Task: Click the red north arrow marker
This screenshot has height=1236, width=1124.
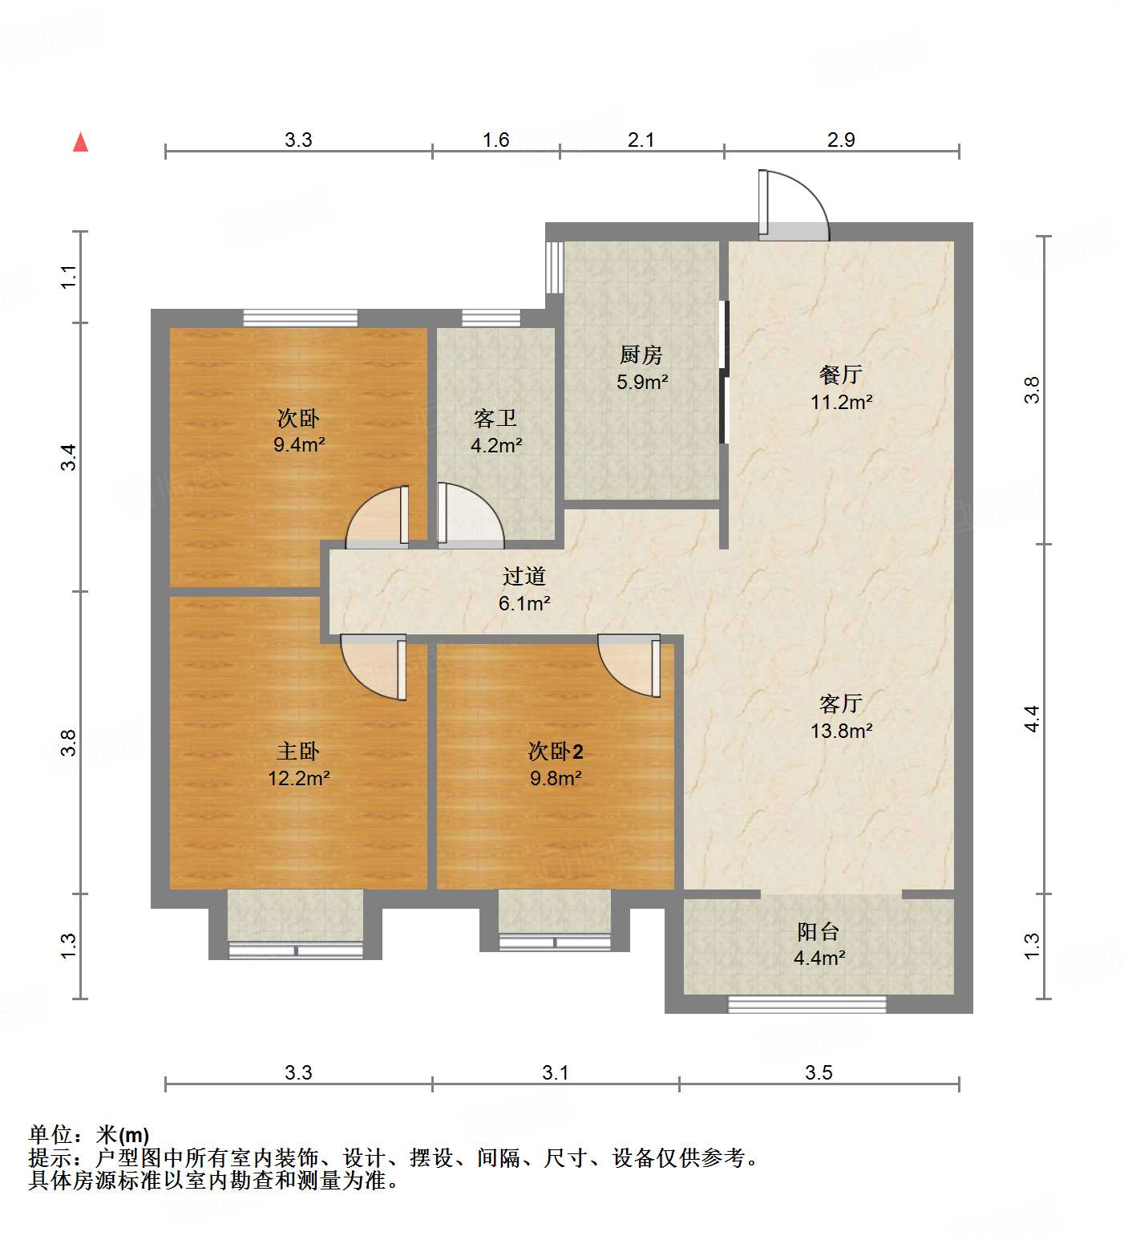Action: tap(80, 142)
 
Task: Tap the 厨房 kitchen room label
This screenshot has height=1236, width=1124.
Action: tap(641, 355)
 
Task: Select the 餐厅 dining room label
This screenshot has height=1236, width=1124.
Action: tap(840, 375)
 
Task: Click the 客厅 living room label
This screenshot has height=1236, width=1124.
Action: tap(840, 703)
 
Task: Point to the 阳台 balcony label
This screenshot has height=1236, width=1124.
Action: tap(819, 931)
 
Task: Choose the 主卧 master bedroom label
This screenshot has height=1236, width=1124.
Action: tap(298, 751)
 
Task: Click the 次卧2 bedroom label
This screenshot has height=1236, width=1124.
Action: tap(555, 751)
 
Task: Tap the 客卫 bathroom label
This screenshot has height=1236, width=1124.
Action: tap(495, 418)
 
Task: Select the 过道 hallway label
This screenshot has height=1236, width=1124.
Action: tap(524, 576)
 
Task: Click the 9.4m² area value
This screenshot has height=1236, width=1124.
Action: tap(298, 444)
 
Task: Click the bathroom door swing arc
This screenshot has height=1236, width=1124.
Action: tap(470, 517)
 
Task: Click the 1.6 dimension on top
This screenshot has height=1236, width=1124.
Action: tap(495, 140)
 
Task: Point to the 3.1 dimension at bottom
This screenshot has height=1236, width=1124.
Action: tap(555, 1072)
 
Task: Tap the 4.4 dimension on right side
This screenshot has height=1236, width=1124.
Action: tap(1032, 718)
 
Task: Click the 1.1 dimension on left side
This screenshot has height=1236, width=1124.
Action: tap(69, 277)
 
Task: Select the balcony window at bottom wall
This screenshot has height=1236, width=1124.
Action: tap(807, 1003)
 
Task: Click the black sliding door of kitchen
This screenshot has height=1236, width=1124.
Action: tap(724, 372)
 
